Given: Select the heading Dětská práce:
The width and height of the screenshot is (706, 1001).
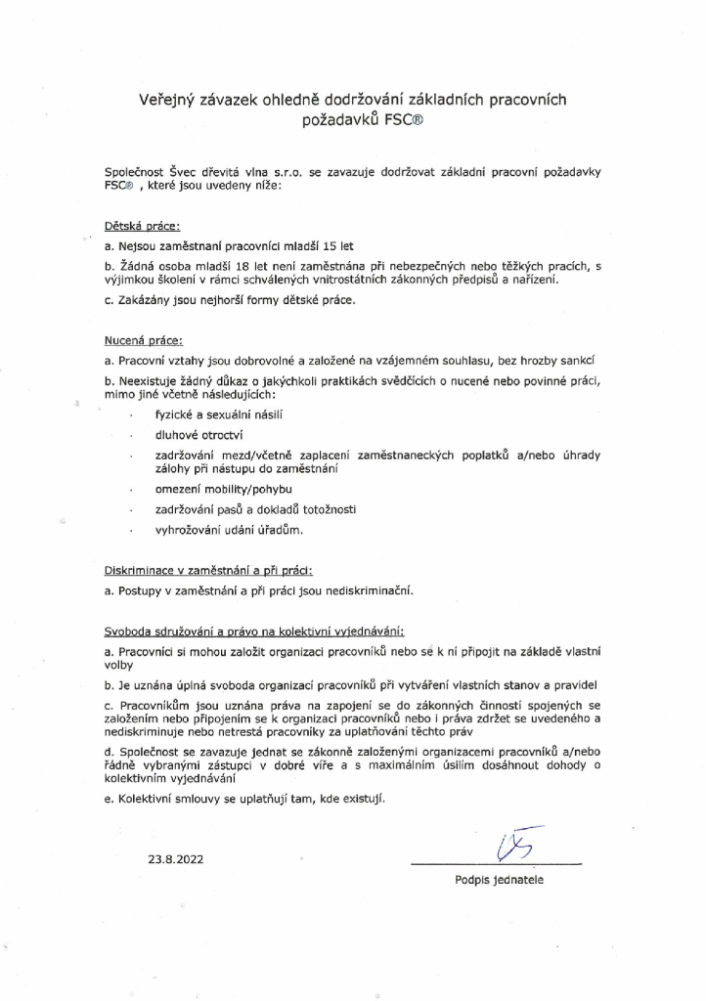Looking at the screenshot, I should tap(141, 226).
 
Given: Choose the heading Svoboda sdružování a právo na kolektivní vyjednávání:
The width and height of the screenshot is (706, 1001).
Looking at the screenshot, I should tap(253, 631).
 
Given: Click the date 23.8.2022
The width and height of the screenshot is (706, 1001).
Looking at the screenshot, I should tap(177, 861).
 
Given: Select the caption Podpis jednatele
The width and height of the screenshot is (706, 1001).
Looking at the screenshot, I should tap(499, 880).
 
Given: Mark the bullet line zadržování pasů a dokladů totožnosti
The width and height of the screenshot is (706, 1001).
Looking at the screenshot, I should tap(248, 509).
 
